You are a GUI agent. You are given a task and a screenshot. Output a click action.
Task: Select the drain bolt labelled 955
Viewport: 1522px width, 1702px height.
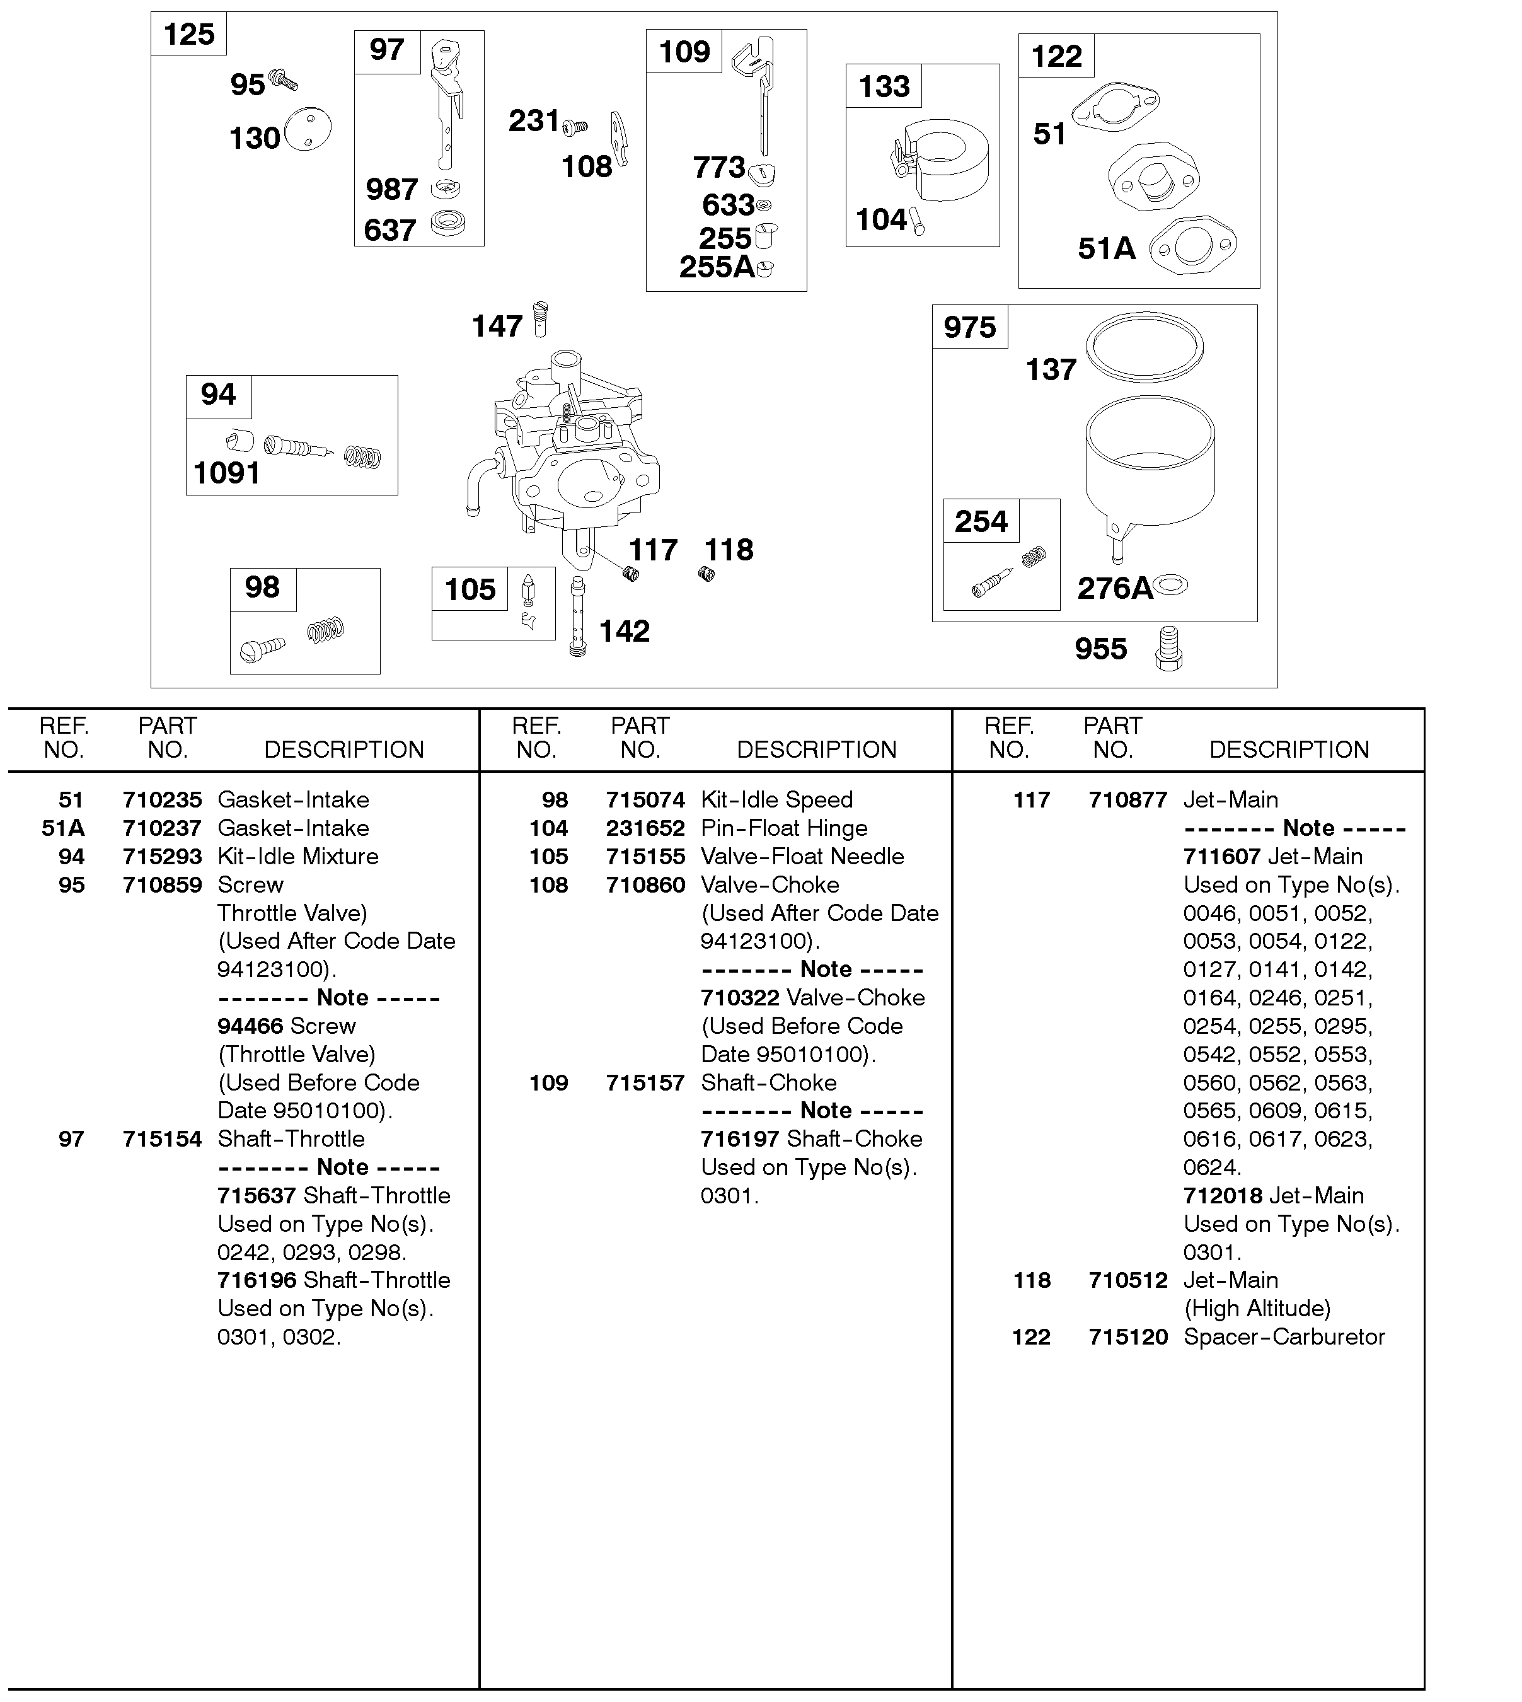click(x=1168, y=649)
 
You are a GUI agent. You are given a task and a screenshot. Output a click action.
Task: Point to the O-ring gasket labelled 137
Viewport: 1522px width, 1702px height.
click(x=1144, y=347)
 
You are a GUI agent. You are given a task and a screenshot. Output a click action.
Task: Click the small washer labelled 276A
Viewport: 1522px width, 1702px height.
click(x=1171, y=586)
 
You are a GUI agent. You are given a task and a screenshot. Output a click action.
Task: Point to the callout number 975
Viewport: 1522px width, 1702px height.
click(x=970, y=327)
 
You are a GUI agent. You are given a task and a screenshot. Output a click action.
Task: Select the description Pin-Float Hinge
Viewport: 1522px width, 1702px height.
click(x=783, y=828)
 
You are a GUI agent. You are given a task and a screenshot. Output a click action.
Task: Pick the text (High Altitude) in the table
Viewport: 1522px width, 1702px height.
click(x=1257, y=1308)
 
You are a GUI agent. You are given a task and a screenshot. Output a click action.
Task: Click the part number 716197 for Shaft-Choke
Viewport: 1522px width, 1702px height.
click(x=740, y=1138)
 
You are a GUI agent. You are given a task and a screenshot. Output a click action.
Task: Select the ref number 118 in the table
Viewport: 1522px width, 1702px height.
click(x=1031, y=1280)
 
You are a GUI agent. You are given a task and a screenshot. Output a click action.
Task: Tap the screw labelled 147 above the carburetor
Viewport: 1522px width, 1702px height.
click(x=540, y=320)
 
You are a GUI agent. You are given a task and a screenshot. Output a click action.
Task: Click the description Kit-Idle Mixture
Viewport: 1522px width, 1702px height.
click(x=297, y=857)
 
